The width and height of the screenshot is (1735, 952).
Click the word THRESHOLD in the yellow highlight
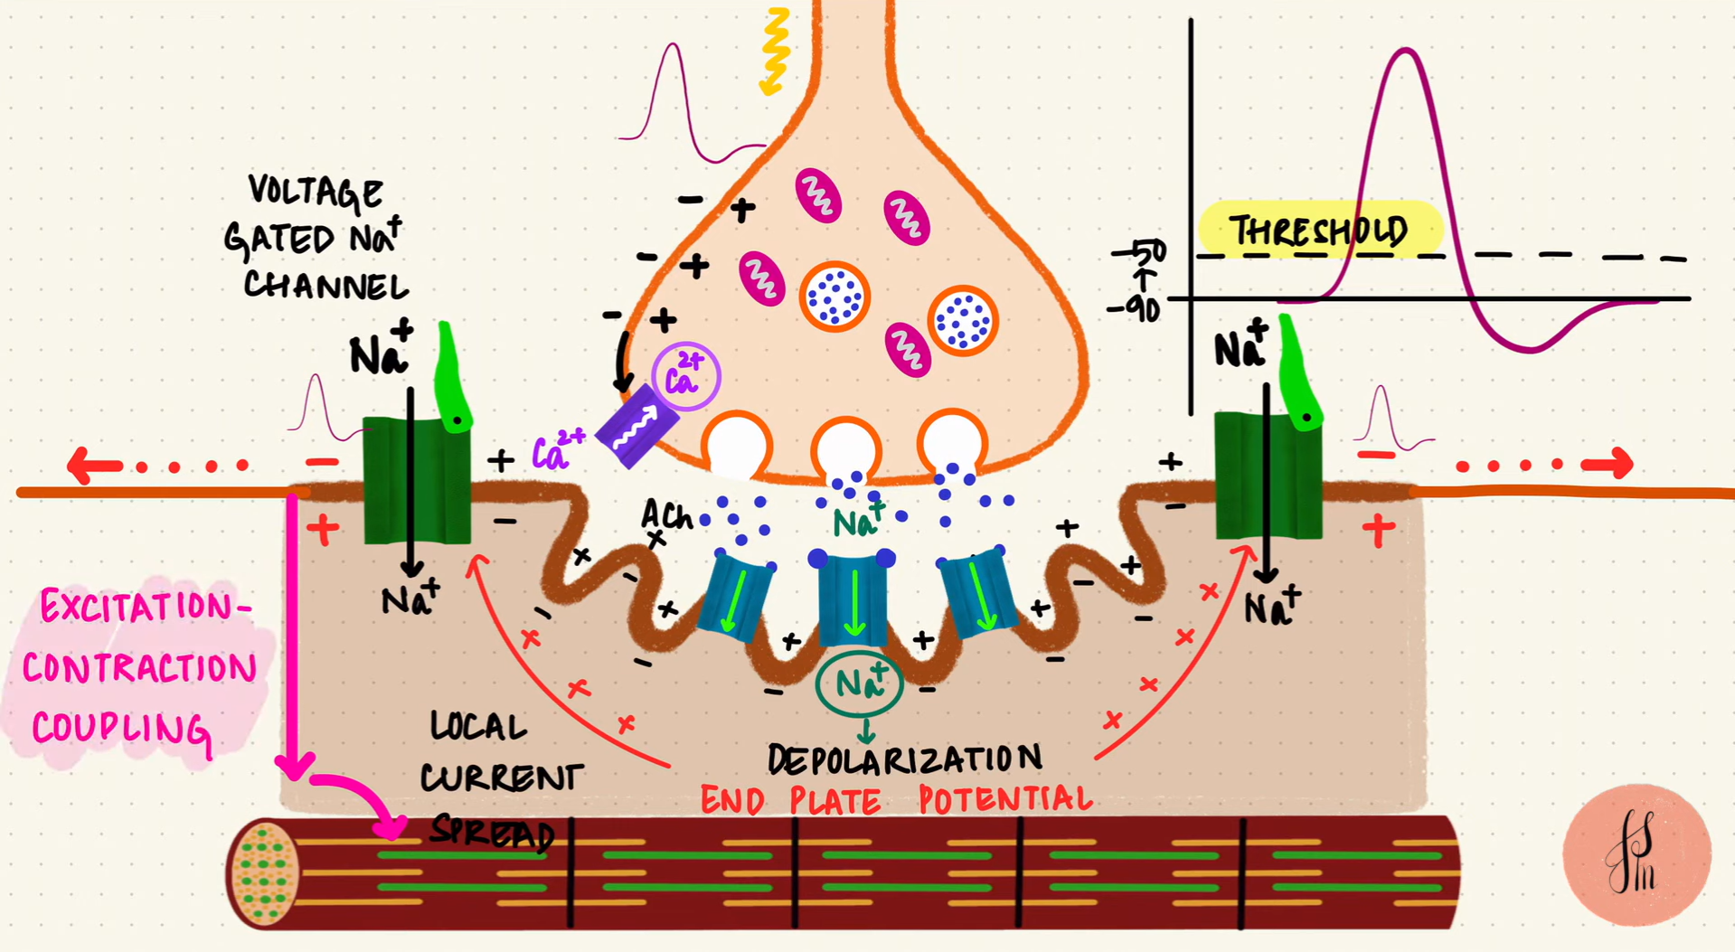pos(1319,231)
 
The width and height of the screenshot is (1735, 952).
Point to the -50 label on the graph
pos(1138,250)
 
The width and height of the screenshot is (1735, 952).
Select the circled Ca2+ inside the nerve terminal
pos(685,376)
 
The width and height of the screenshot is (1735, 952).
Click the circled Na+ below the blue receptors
pos(859,683)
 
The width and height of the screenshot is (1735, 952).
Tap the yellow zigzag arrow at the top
pos(775,51)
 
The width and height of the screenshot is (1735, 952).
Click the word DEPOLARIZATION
pos(904,759)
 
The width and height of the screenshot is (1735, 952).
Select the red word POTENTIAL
pos(1005,799)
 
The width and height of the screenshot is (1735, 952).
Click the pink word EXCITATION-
pos(145,607)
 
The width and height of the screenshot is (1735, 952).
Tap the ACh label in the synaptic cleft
pos(666,516)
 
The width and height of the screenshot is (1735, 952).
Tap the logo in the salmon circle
pos(1636,854)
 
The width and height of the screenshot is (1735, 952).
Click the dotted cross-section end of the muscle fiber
pos(264,872)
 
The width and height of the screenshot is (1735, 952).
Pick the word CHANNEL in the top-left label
pos(326,286)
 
